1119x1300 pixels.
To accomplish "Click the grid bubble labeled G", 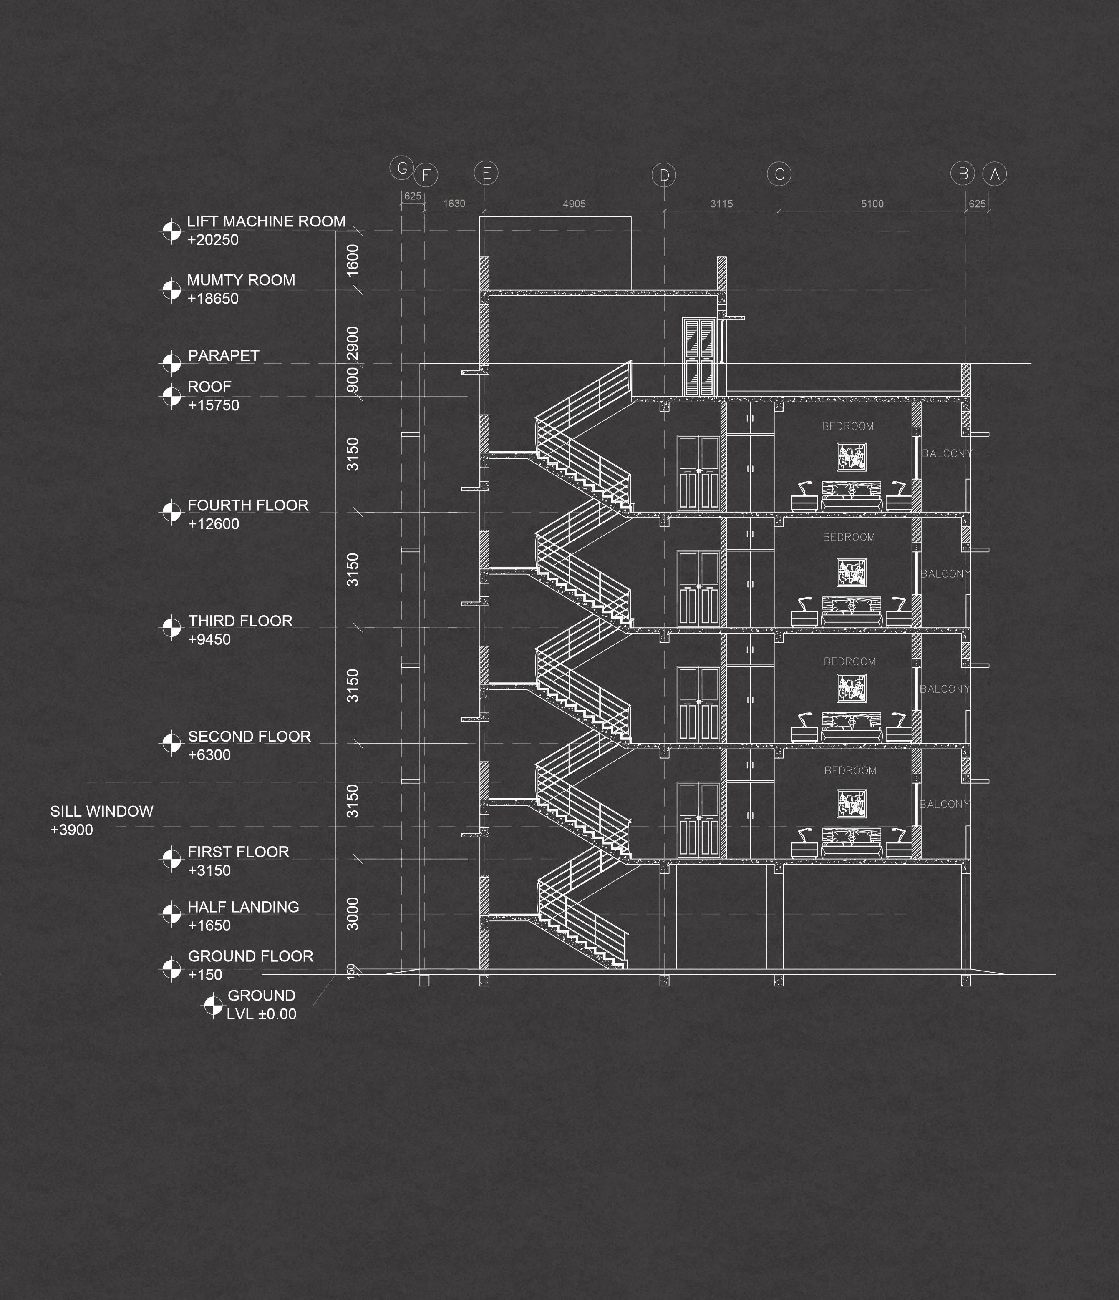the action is click(x=402, y=168).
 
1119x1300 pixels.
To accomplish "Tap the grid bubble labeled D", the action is click(x=664, y=175).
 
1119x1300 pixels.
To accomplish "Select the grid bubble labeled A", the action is click(x=994, y=174).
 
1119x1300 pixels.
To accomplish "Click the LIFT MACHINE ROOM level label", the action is click(x=266, y=221).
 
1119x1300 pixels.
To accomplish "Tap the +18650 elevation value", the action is click(x=213, y=299).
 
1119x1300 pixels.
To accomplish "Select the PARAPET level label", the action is click(x=223, y=356).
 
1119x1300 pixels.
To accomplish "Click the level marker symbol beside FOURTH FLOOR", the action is click(x=171, y=512).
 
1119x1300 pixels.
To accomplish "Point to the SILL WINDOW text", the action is click(x=102, y=811).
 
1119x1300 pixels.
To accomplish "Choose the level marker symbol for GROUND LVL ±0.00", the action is click(x=213, y=1005).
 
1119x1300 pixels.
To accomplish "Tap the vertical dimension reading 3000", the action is click(x=353, y=914).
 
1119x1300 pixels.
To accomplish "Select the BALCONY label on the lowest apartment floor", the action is click(x=945, y=805).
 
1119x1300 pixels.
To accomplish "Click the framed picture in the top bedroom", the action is click(x=852, y=457).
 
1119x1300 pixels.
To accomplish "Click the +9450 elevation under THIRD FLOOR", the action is click(x=209, y=639).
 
